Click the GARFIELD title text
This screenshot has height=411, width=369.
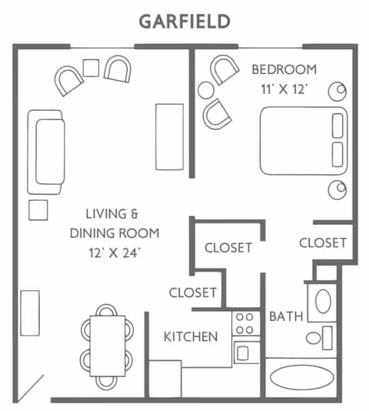pyautogui.click(x=184, y=21)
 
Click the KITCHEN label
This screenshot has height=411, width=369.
pyautogui.click(x=191, y=336)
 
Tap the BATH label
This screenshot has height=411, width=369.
pyautogui.click(x=284, y=316)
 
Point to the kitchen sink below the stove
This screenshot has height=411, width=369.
pyautogui.click(x=243, y=353)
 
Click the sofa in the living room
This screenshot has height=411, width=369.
pyautogui.click(x=45, y=152)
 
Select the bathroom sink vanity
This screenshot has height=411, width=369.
pyautogui.click(x=322, y=301)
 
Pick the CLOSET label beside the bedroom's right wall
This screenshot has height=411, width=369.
pyautogui.click(x=323, y=242)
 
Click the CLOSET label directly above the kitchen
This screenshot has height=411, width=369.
pyautogui.click(x=192, y=292)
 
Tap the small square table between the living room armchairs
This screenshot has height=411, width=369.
pyautogui.click(x=91, y=68)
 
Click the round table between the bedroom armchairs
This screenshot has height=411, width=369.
pyautogui.click(x=206, y=90)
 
